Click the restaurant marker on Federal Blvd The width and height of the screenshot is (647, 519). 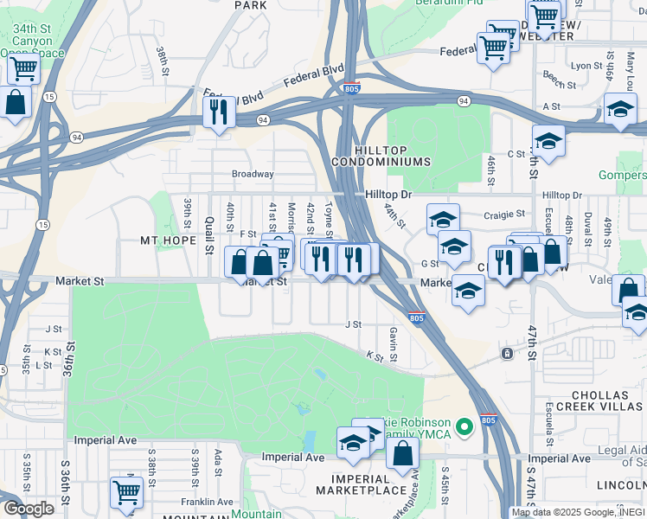[x=218, y=112]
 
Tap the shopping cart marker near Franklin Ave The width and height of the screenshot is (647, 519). [x=127, y=493]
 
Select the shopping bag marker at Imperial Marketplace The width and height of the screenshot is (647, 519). [x=402, y=452]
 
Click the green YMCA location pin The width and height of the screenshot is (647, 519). [x=464, y=426]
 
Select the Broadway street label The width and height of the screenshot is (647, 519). [x=253, y=174]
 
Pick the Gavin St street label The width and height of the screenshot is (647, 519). [x=393, y=339]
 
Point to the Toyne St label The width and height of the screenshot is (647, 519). [x=329, y=218]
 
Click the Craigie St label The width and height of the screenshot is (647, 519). [x=505, y=214]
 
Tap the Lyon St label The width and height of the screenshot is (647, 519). [x=586, y=65]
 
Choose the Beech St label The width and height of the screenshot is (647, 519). [x=560, y=85]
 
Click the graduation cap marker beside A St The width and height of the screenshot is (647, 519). [x=620, y=111]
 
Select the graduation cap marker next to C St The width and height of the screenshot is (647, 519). [x=548, y=140]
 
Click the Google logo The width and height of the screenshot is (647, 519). [x=29, y=508]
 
